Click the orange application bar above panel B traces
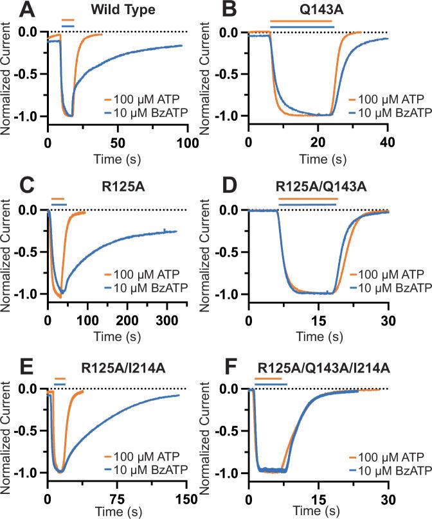click(300, 21)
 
